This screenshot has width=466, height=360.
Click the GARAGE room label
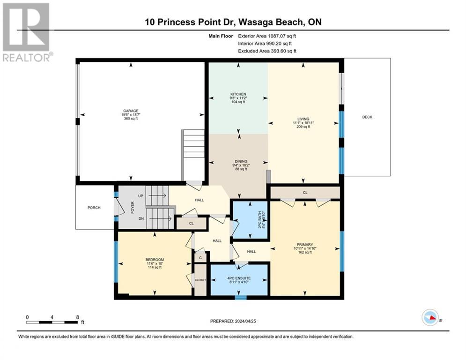pyautogui.click(x=131, y=111)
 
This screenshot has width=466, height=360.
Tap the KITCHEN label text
pyautogui.click(x=238, y=94)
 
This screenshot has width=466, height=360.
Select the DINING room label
pyautogui.click(x=241, y=161)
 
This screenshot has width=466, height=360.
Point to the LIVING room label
pyautogui.click(x=303, y=119)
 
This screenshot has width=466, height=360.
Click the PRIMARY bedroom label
pyautogui.click(x=305, y=245)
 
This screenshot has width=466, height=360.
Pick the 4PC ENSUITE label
pyautogui.click(x=239, y=278)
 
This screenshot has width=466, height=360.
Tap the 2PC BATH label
pyautogui.click(x=259, y=220)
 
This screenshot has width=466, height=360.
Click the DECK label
pyautogui.click(x=367, y=117)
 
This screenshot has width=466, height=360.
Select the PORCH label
pyautogui.click(x=94, y=208)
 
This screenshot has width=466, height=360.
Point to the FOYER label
pyautogui.click(x=133, y=207)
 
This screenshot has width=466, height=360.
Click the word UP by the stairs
pyautogui.click(x=141, y=196)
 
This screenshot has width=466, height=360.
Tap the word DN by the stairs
pyautogui.click(x=141, y=218)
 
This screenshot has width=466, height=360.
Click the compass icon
pyautogui.click(x=430, y=317)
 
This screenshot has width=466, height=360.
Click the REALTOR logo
pyautogui.click(x=27, y=32)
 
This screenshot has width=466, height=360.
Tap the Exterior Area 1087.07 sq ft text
pyautogui.click(x=267, y=36)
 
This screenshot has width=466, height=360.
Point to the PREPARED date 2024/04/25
pyautogui.click(x=233, y=321)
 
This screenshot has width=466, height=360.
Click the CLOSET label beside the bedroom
pyautogui.click(x=200, y=280)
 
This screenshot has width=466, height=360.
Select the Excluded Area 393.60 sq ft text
pyautogui.click(x=267, y=51)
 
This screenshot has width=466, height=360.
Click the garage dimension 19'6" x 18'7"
pyautogui.click(x=131, y=114)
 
